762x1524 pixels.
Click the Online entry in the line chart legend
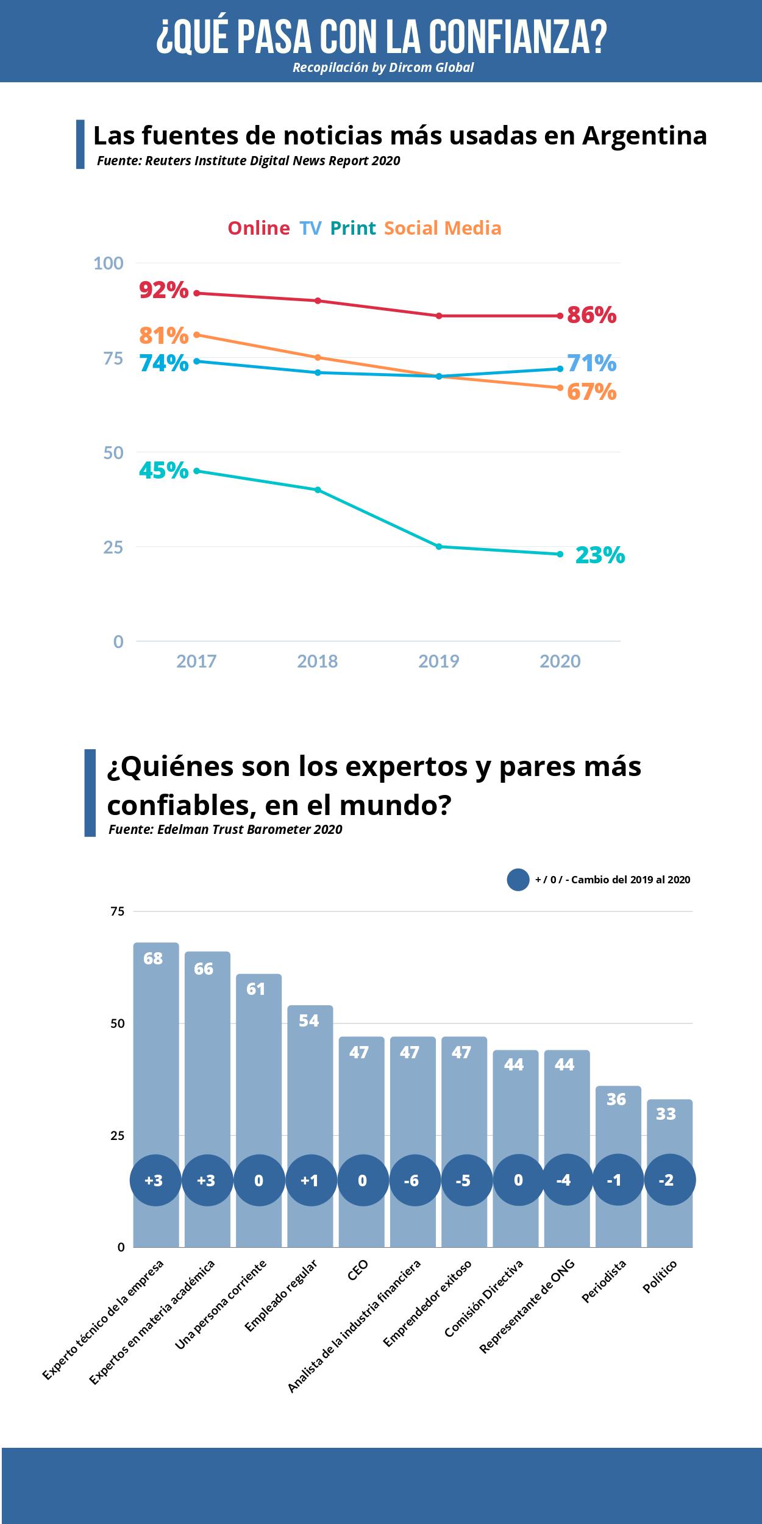click(x=258, y=228)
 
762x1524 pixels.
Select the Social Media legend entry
click(x=443, y=228)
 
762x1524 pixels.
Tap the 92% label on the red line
click(x=163, y=290)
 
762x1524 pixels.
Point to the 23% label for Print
click(x=600, y=555)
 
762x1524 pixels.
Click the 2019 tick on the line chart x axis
click(x=439, y=661)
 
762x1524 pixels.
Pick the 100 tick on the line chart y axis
click(x=108, y=263)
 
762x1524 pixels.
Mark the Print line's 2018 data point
click(x=318, y=490)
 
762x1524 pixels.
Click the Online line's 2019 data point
click(x=439, y=316)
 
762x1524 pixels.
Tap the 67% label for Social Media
click(x=591, y=391)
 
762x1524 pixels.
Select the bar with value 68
click(x=156, y=1036)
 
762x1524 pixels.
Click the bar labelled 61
click(x=258, y=1055)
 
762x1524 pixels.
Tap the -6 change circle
click(x=412, y=1180)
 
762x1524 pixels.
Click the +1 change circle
click(x=310, y=1180)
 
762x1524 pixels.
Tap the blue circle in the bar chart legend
click(x=518, y=880)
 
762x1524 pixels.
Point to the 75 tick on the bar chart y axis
click(x=117, y=911)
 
